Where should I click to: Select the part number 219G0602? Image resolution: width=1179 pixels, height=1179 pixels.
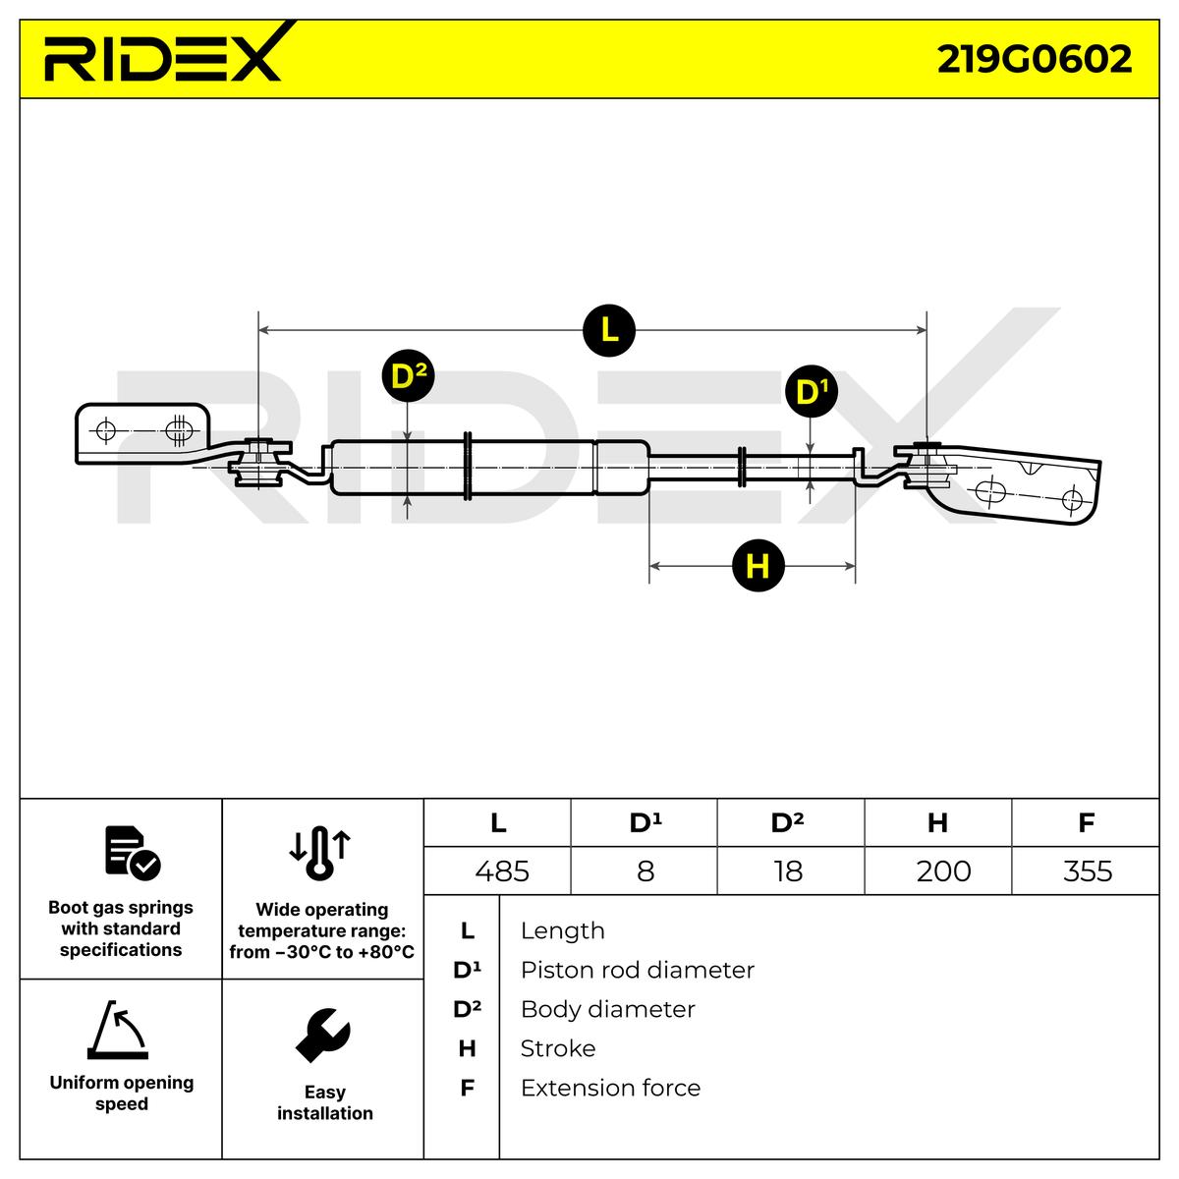1034,59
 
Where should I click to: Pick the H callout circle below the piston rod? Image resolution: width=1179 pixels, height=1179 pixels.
758,566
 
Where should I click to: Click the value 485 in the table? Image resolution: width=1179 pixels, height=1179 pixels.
501,871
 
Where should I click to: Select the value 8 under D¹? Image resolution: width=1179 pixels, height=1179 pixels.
645,871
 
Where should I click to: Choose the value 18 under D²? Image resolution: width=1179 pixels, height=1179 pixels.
788,871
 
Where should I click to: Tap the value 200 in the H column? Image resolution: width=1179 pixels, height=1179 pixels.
943,871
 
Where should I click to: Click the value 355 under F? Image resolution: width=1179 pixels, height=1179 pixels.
1087,871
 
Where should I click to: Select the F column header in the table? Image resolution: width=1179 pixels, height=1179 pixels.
1086,822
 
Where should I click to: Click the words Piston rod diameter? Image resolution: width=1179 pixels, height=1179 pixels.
637,971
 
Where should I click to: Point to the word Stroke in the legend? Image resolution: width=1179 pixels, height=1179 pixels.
557,1049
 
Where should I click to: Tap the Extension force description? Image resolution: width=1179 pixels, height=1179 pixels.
610,1089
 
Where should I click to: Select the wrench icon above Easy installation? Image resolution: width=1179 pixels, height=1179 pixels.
322,1035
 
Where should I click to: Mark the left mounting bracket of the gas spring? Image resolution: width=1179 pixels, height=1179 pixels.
142,433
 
